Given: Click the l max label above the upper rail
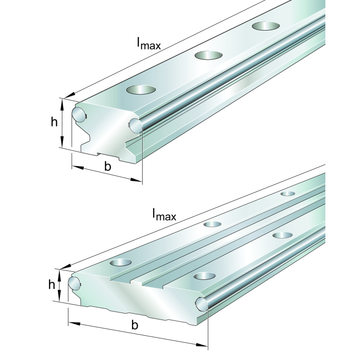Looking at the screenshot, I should click(149, 43).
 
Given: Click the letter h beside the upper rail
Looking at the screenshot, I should click(54, 121).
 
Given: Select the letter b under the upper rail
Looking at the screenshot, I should click(108, 166).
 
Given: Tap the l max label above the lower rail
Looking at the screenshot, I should click(164, 214).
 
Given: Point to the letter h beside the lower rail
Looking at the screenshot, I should click(52, 284).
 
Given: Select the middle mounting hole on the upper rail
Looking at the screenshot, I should click(208, 55).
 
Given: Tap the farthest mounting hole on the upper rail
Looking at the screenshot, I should click(265, 26).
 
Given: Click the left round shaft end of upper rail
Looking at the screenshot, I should click(79, 114).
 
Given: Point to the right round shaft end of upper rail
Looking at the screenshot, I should click(135, 126).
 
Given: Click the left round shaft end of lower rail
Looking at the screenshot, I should click(74, 283).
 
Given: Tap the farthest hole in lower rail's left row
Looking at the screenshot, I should click(288, 193).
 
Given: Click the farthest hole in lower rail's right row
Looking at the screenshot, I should click(283, 235).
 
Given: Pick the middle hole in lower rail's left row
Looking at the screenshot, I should click(212, 224).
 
